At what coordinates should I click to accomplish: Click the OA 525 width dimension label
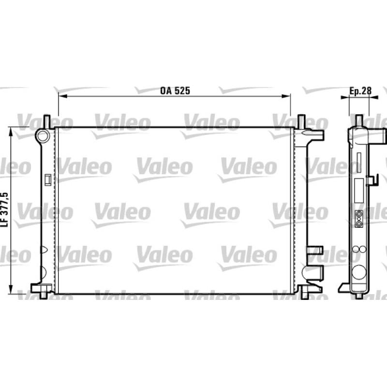coord(175,91)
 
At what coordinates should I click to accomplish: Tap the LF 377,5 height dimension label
coord(5,209)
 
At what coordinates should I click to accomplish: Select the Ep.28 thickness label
coord(360,91)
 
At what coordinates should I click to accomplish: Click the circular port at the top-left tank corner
coord(43,136)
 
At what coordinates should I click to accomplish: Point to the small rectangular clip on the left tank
coord(47,179)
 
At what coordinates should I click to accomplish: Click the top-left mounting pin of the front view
coord(47,121)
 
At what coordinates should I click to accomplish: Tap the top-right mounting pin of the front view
coord(301,121)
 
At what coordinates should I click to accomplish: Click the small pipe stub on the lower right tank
coord(314,250)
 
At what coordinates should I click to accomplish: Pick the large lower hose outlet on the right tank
coord(313,272)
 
